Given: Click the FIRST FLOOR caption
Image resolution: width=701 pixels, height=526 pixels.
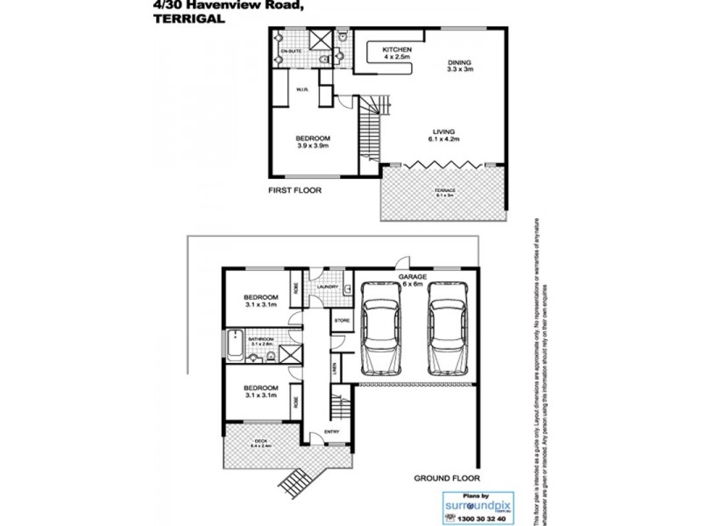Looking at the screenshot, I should [x=294, y=189].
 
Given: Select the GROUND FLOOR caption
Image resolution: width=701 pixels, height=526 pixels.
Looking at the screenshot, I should [x=447, y=479].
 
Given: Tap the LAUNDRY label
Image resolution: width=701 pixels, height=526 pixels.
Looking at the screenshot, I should [x=328, y=286].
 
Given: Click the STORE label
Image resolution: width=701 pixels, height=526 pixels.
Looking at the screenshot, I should [x=342, y=321].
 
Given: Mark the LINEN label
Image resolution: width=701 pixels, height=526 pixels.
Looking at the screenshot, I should [x=335, y=368].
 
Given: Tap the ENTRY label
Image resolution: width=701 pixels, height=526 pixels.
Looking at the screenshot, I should [x=331, y=431].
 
